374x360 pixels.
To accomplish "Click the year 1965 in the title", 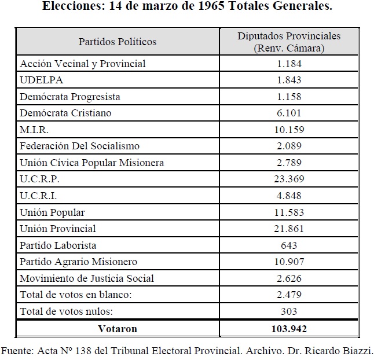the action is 211,6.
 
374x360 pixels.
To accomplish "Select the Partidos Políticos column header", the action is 118,42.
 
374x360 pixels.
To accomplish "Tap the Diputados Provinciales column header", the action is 289,42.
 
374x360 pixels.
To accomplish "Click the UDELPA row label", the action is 42,80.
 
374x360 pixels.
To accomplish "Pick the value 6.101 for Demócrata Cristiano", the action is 289,113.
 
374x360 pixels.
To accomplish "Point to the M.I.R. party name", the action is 34,130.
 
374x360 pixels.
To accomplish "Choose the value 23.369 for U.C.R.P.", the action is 289,179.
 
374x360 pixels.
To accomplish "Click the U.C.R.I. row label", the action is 38,196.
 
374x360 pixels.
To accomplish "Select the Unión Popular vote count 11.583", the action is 289,212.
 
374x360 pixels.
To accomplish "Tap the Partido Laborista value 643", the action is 289,245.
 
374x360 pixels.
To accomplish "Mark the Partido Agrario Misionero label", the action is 79,262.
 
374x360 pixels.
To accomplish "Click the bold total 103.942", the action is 289,329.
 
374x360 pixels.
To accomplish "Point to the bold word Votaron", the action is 118,329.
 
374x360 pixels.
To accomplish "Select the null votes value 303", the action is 289,311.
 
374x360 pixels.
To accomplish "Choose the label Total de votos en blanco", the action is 76,295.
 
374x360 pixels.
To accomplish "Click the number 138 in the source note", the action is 83,351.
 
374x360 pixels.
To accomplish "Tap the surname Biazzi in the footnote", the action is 358,351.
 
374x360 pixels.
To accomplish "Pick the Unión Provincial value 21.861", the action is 289,229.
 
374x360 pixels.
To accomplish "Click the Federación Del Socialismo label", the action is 80,146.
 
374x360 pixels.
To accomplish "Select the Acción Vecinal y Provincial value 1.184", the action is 289,64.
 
